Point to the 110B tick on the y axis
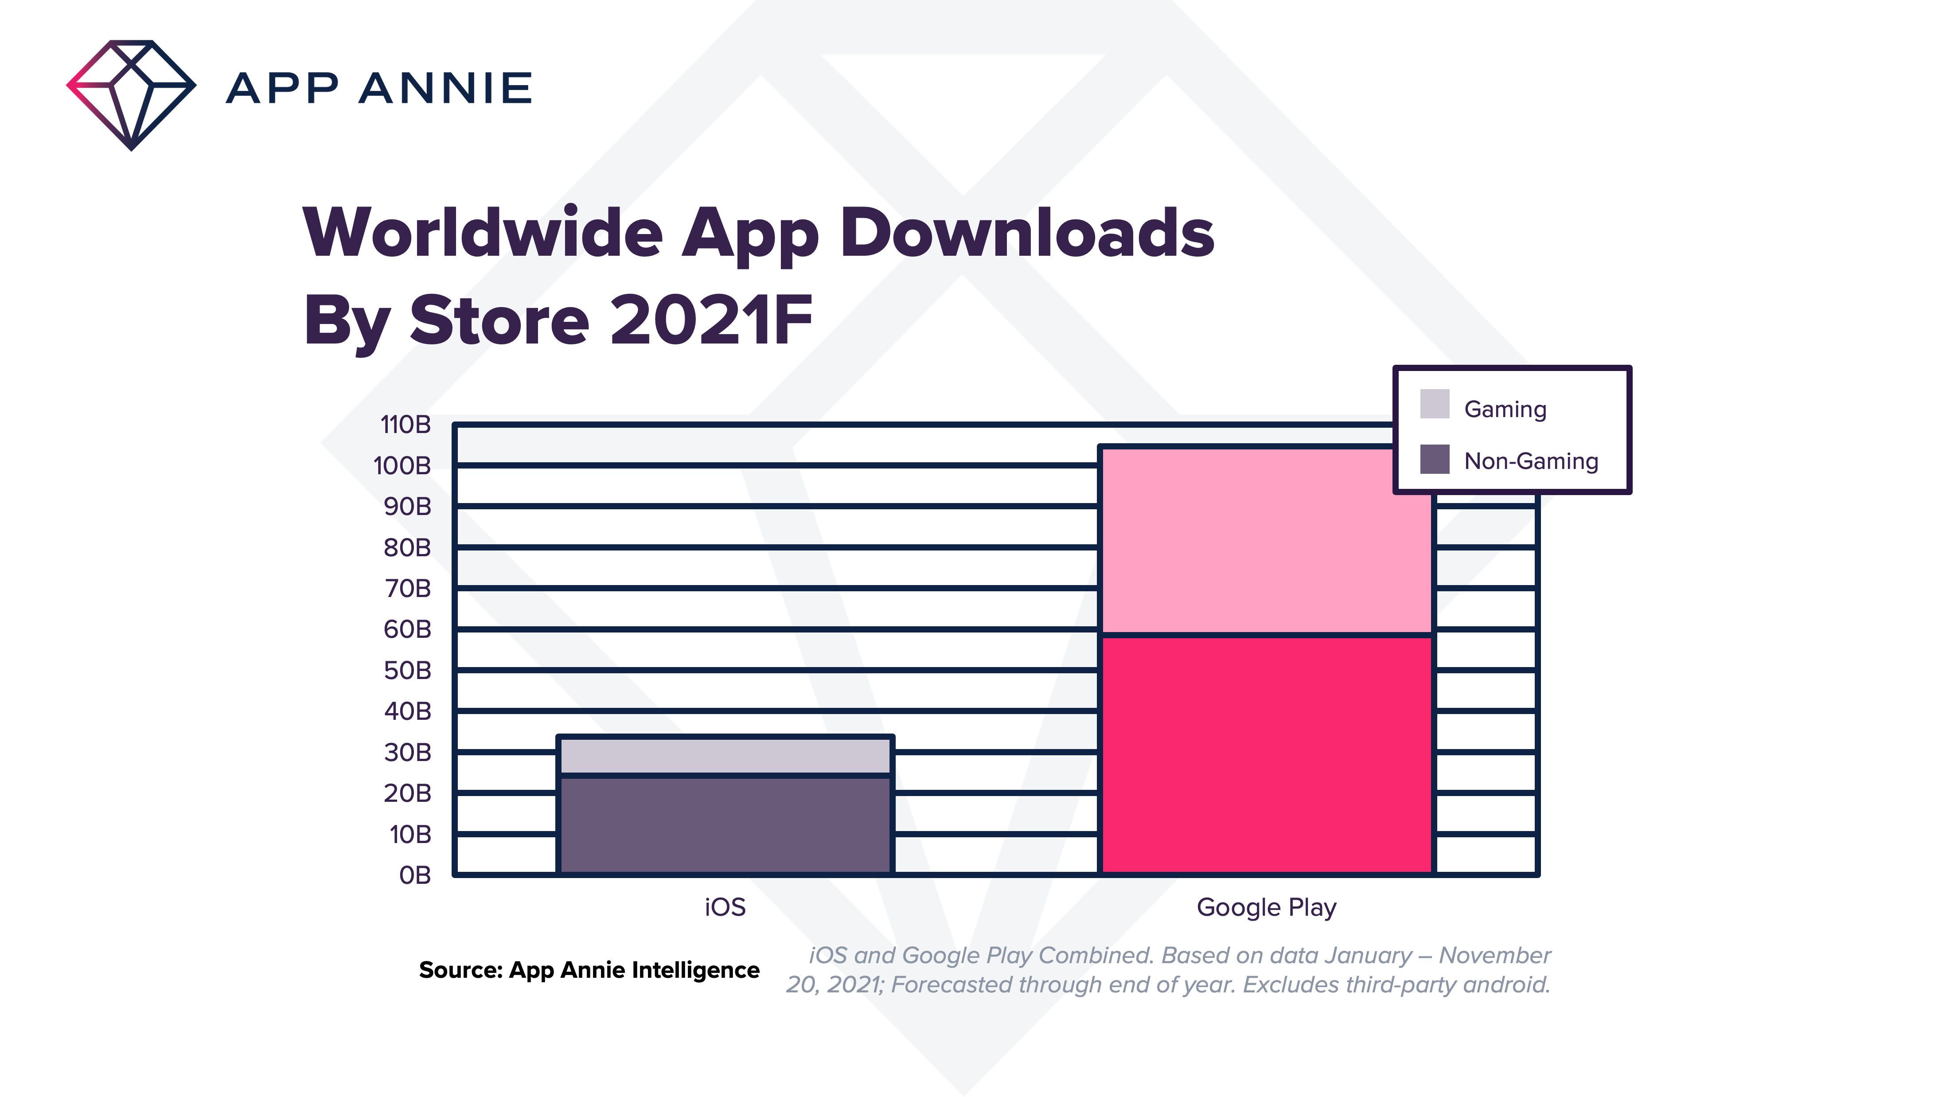point(406,425)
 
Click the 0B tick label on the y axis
point(415,875)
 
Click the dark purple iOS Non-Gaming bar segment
point(725,825)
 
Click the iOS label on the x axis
point(725,907)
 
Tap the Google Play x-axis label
point(1266,907)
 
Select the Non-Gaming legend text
point(1531,461)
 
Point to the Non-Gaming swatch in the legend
point(1435,459)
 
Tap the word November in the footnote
point(1494,956)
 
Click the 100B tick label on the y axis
point(402,465)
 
